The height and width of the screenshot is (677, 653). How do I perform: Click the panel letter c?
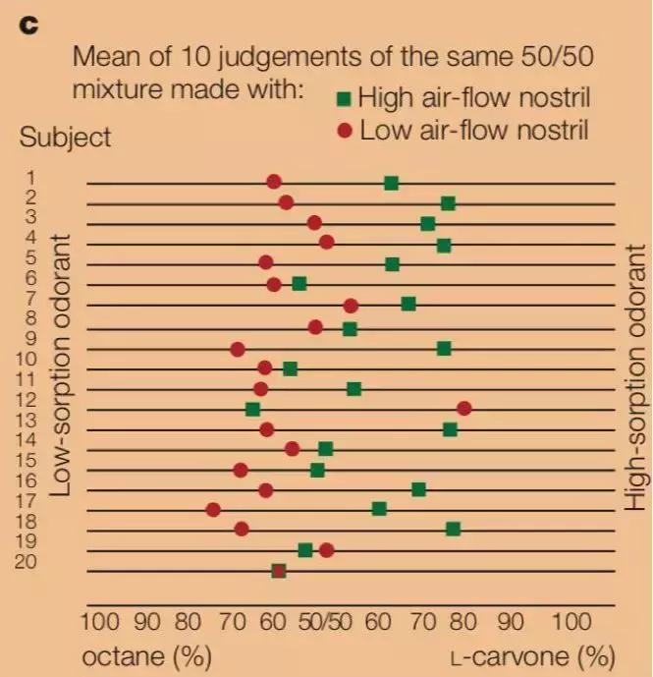point(29,25)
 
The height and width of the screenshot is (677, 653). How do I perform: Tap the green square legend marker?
point(343,98)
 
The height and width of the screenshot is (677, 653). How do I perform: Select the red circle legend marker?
point(343,130)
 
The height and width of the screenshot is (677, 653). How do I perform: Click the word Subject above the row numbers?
point(65,138)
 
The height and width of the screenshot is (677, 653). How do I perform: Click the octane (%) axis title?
point(146,655)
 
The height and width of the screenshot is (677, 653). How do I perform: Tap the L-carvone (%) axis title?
point(532,655)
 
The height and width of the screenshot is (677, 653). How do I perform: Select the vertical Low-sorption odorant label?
point(60,365)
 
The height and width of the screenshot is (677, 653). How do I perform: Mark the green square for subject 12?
point(252,409)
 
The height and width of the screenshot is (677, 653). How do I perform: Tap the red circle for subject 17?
point(213,509)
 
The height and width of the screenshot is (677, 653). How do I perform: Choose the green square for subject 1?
point(391,183)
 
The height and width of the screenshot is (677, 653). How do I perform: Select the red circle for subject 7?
point(351,306)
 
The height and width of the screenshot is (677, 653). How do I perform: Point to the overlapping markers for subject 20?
point(279,571)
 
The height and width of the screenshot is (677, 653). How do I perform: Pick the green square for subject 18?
point(453,529)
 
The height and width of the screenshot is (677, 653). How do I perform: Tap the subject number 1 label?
point(31,178)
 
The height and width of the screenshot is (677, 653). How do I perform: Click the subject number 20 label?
point(27,562)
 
